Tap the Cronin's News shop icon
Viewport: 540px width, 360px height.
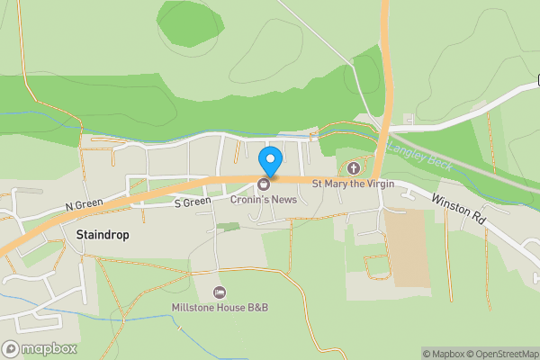click(x=265, y=184)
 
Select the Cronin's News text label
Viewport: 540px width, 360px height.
click(x=265, y=199)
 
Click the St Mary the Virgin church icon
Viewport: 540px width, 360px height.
click(x=354, y=168)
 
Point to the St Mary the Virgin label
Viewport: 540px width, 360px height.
click(x=353, y=184)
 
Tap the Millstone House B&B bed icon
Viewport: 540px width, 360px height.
click(x=220, y=293)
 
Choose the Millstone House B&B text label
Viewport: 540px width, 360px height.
click(x=220, y=308)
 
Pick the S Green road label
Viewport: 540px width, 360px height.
click(x=192, y=202)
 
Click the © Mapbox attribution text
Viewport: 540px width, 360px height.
click(x=443, y=354)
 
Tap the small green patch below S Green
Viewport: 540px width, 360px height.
click(x=230, y=226)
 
